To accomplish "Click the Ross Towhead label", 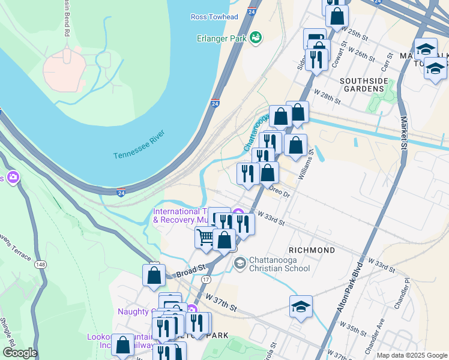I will (x=214, y=17).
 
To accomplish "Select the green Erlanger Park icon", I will (x=256, y=37).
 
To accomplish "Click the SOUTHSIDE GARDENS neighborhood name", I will (x=361, y=85).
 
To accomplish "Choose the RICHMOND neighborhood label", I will (x=312, y=250).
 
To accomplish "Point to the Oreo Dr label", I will (x=280, y=193).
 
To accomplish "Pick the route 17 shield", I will (x=206, y=280).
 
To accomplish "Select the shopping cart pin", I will (x=205, y=237).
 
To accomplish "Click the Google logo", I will (x=20, y=353).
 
